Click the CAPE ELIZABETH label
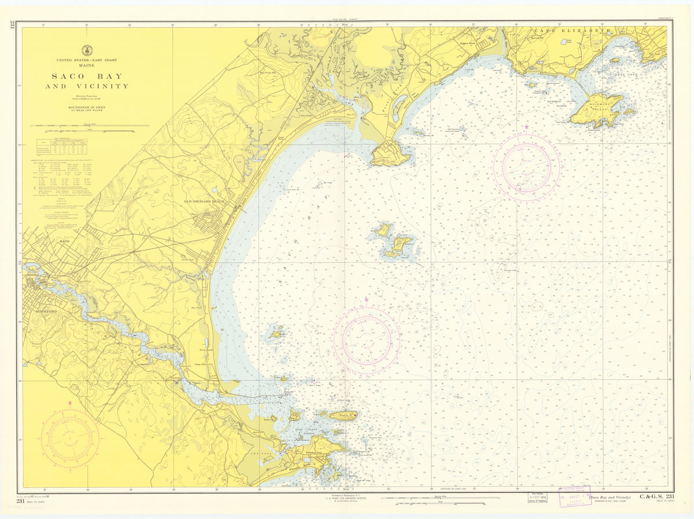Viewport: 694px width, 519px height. (x=572, y=31)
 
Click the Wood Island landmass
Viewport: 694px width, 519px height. (x=343, y=415)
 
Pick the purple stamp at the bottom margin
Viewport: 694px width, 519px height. (x=570, y=497)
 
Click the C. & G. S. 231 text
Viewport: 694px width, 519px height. (x=656, y=496)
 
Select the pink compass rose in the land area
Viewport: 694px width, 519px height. (x=69, y=439)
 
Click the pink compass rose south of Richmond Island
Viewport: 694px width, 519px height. (x=526, y=167)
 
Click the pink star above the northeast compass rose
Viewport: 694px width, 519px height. (x=526, y=126)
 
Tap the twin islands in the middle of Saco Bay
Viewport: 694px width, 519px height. (x=394, y=240)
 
